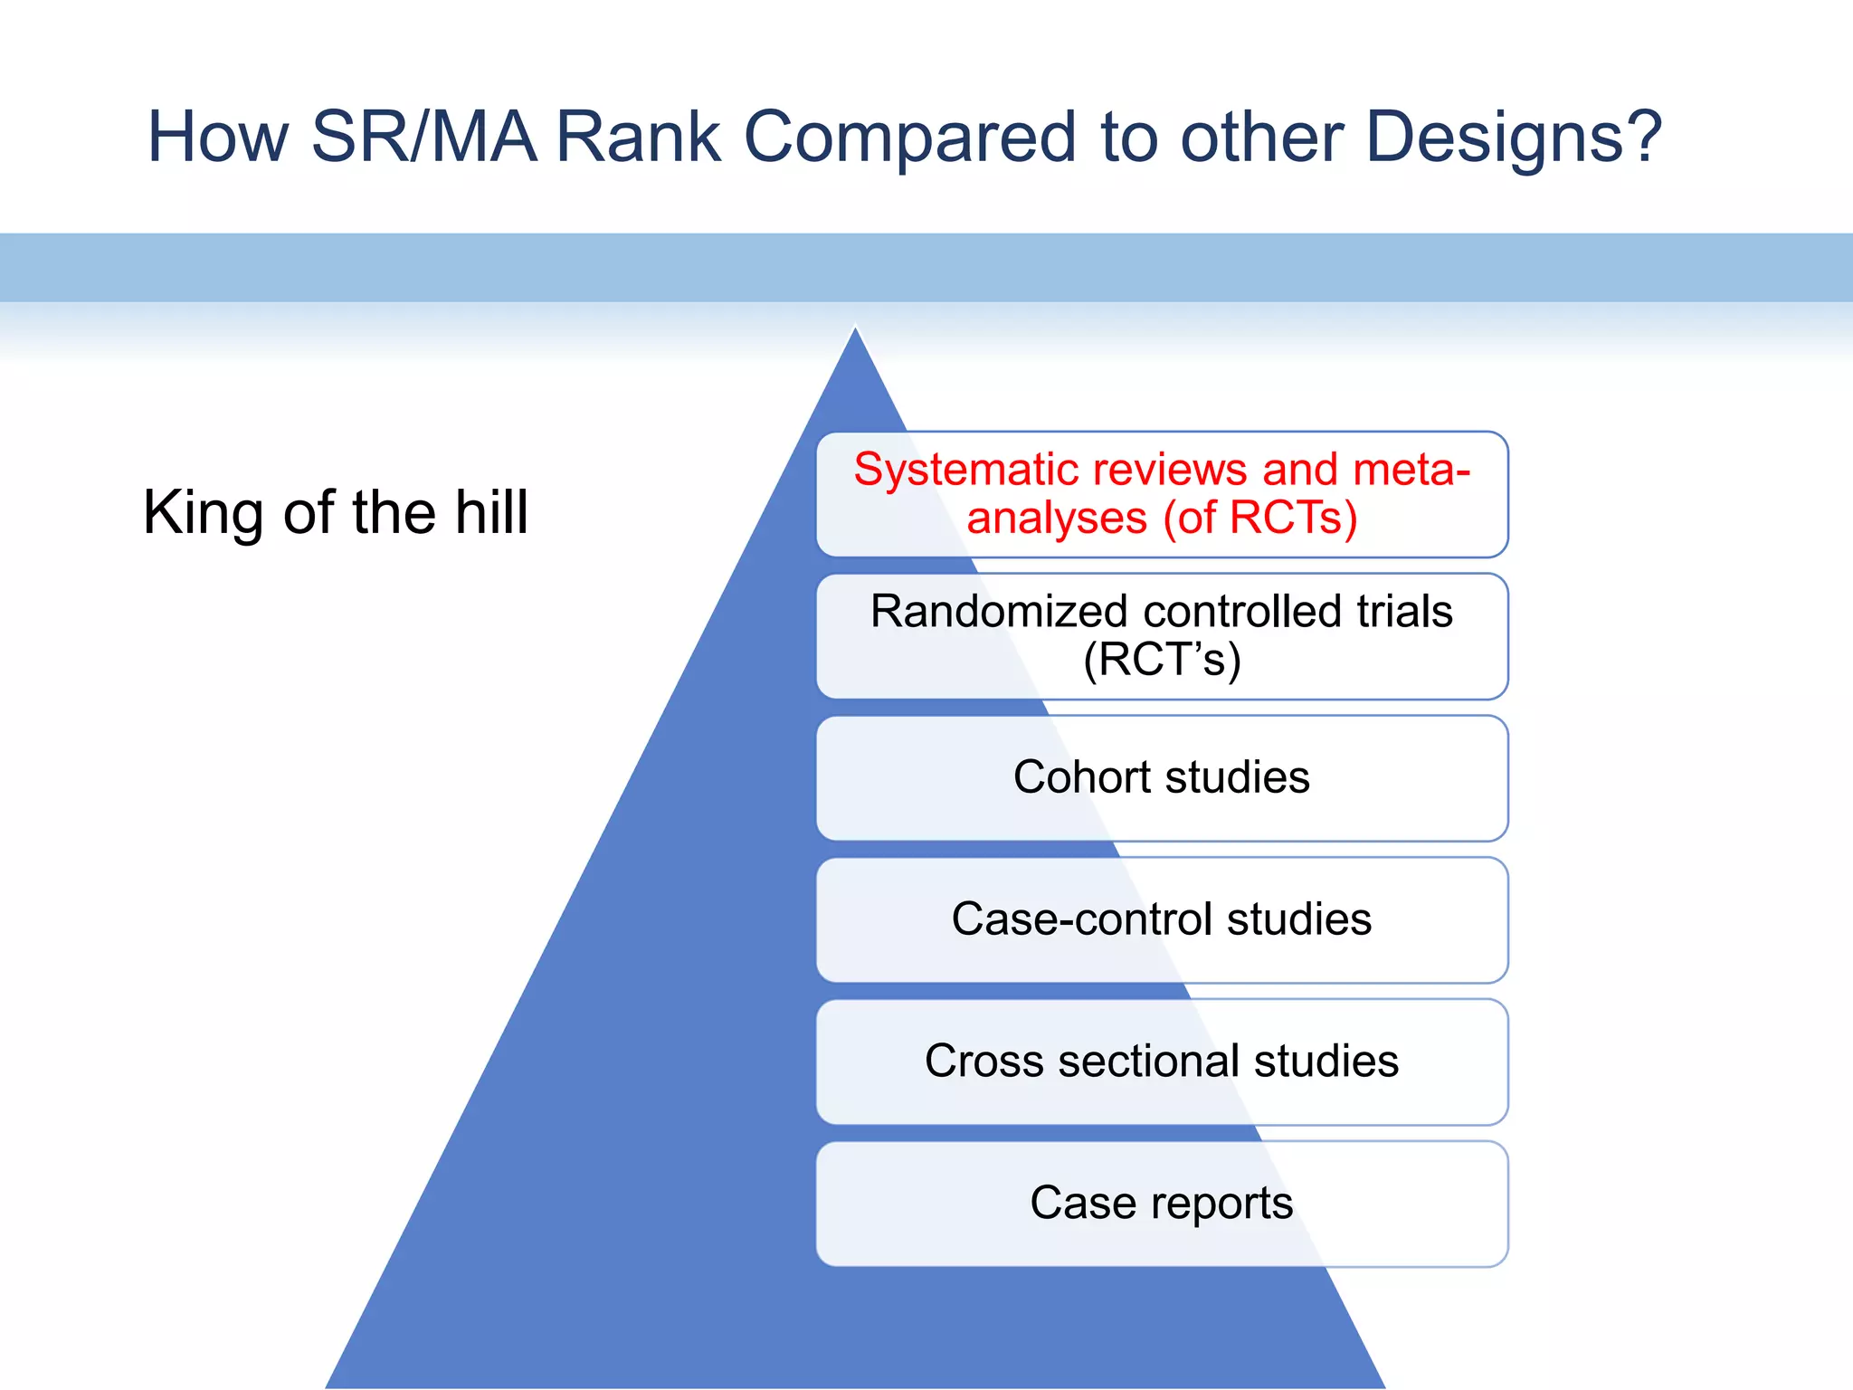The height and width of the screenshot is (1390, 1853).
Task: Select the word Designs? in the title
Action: (1514, 138)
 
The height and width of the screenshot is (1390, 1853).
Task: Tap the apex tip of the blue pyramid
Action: (855, 329)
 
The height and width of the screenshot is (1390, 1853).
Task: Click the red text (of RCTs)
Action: (1260, 519)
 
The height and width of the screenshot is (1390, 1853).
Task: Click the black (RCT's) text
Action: (1162, 660)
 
